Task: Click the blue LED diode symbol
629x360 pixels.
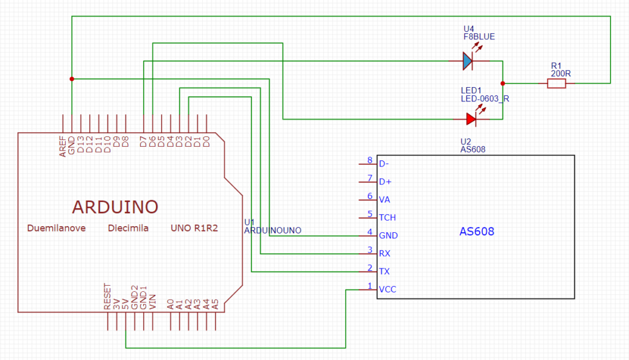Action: pyautogui.click(x=467, y=61)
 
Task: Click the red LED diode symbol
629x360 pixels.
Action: pyautogui.click(x=471, y=119)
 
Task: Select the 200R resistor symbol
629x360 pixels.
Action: pyautogui.click(x=557, y=84)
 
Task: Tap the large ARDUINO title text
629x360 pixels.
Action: pyautogui.click(x=115, y=207)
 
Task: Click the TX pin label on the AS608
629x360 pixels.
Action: pyautogui.click(x=385, y=272)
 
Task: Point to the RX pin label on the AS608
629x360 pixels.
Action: pyautogui.click(x=385, y=253)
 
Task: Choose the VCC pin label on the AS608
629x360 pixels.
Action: pyautogui.click(x=388, y=289)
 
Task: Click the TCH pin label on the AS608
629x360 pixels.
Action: pyautogui.click(x=388, y=217)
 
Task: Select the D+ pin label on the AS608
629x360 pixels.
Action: pyautogui.click(x=385, y=182)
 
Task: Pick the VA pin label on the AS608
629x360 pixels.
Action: pyautogui.click(x=385, y=200)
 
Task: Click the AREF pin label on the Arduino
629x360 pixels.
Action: pyautogui.click(x=63, y=146)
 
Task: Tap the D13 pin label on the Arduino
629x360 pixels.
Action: pyautogui.click(x=80, y=144)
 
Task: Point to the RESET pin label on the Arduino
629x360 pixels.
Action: pyautogui.click(x=107, y=297)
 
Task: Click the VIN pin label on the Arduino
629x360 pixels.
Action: pyautogui.click(x=152, y=302)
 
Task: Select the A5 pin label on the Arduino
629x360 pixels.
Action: pyautogui.click(x=215, y=304)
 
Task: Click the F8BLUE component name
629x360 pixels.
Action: pyautogui.click(x=479, y=36)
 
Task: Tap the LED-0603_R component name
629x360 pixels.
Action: pyautogui.click(x=485, y=99)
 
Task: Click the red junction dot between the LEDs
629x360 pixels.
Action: pyautogui.click(x=502, y=84)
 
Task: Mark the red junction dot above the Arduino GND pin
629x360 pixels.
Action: pyautogui.click(x=72, y=79)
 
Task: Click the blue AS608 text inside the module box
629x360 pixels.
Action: pyautogui.click(x=477, y=232)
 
